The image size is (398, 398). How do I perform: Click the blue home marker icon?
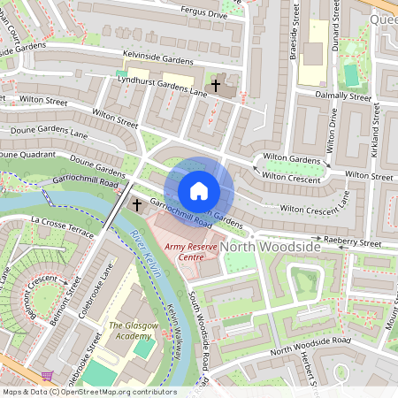pyautogui.click(x=199, y=190)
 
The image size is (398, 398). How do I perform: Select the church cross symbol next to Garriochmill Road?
pyautogui.click(x=136, y=204)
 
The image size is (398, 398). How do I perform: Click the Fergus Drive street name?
pyautogui.click(x=204, y=15)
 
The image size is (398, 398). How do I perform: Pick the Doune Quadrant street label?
pyautogui.click(x=21, y=154)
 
